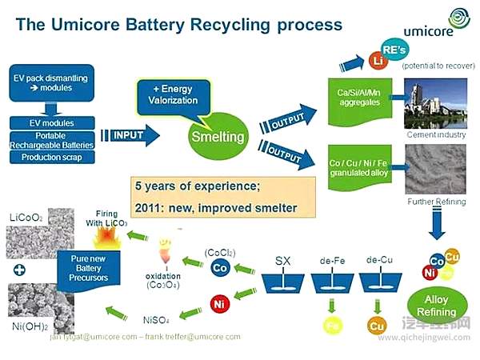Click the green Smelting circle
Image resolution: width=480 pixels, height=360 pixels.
point(216,136)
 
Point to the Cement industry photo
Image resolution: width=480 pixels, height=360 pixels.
point(435,104)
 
